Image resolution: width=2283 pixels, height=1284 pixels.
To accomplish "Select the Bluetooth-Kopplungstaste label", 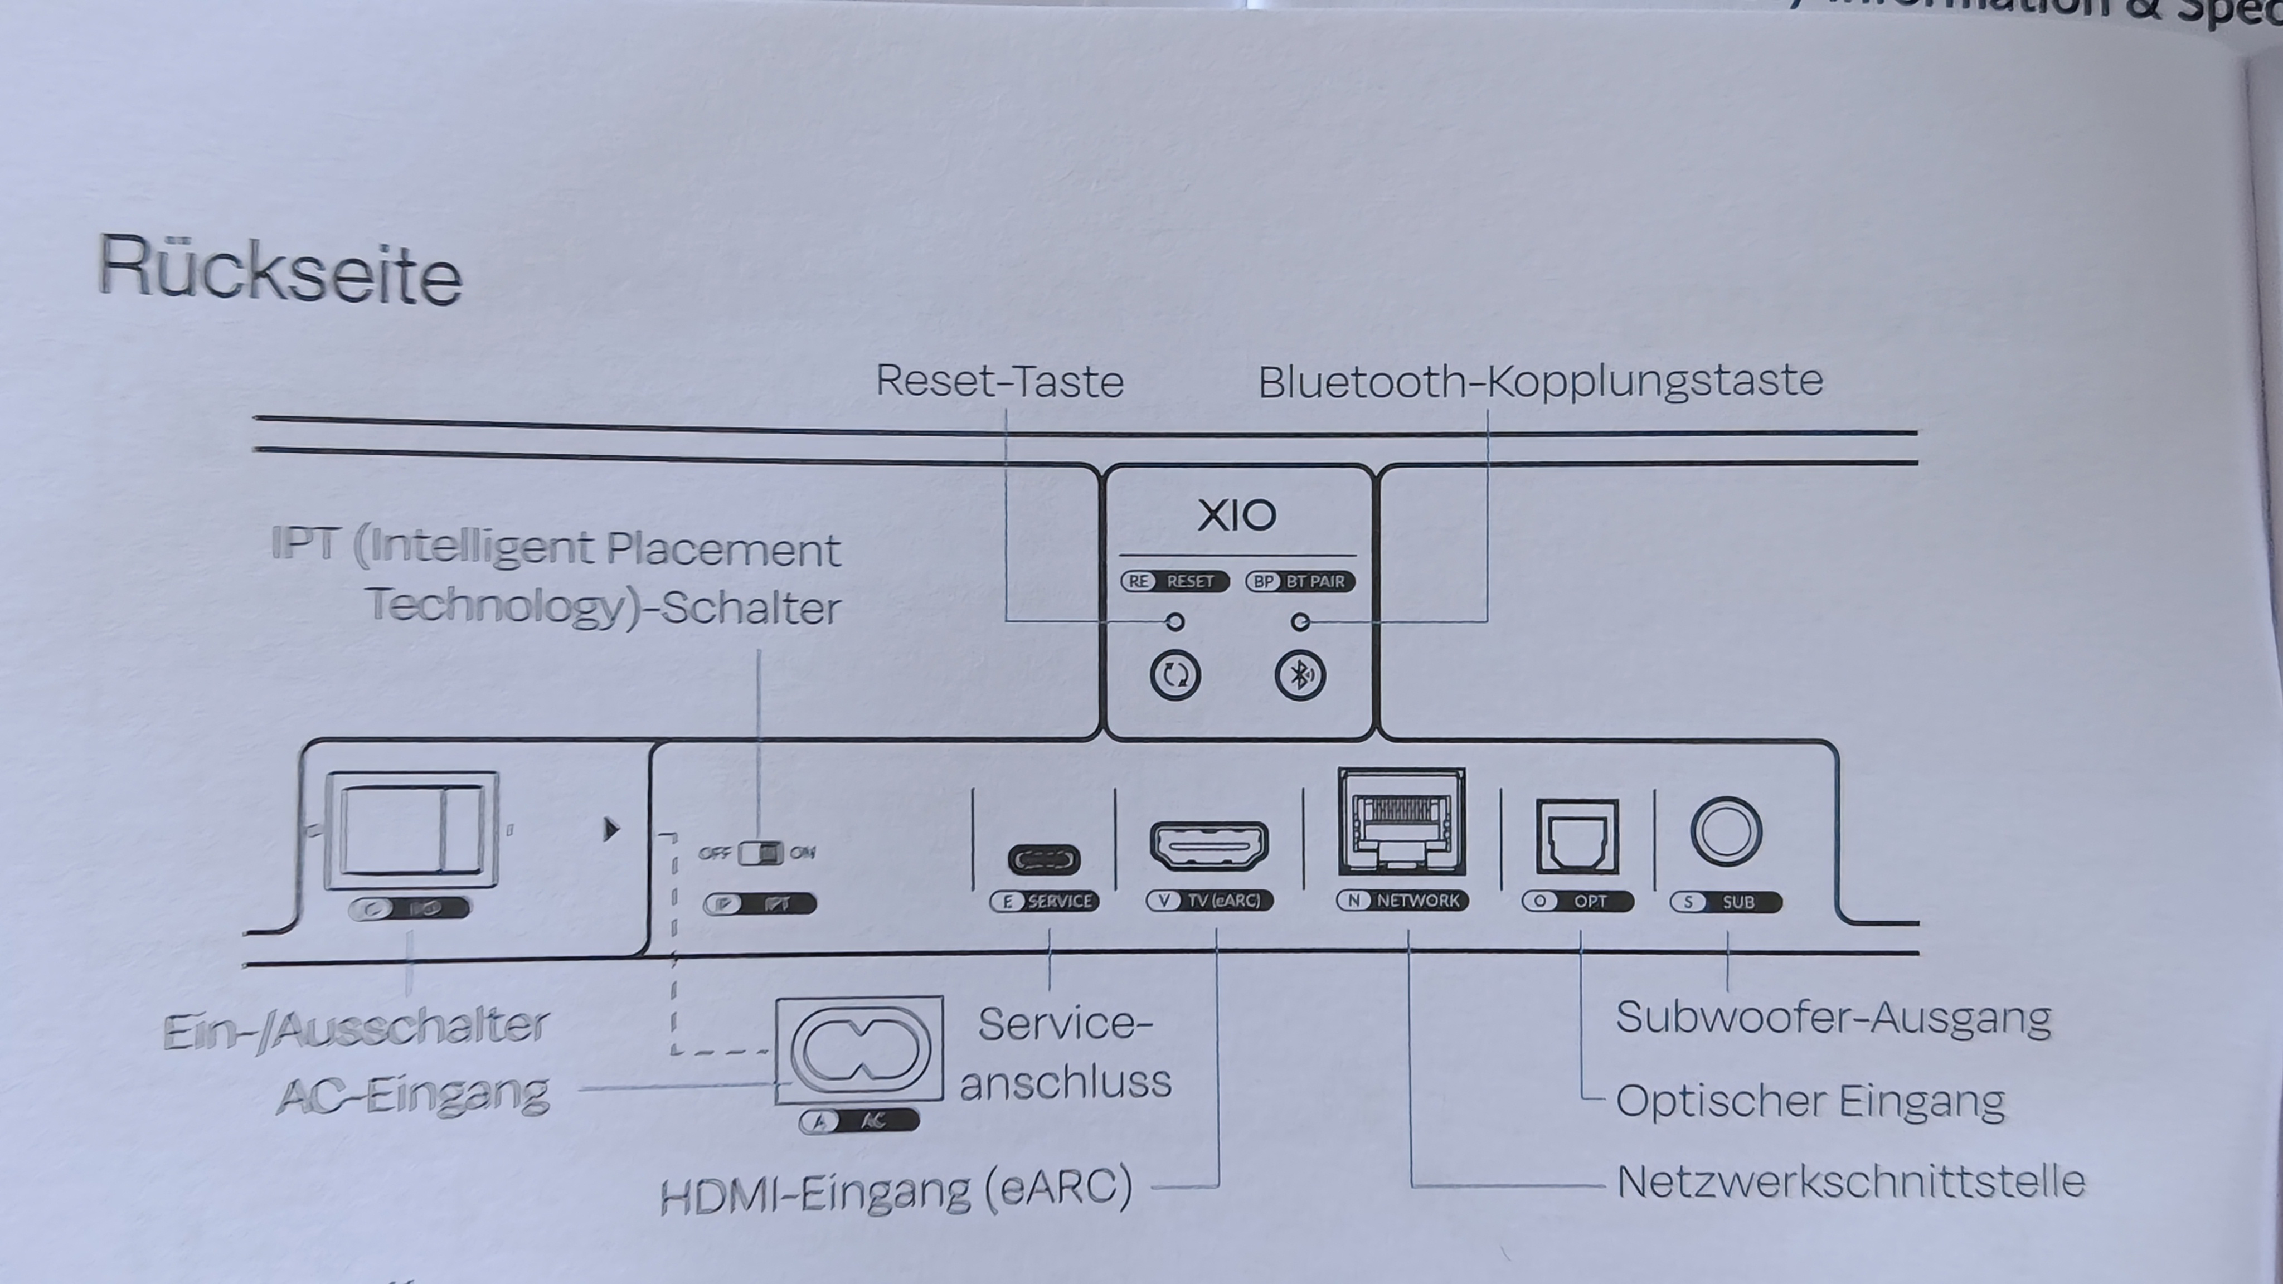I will coord(1541,382).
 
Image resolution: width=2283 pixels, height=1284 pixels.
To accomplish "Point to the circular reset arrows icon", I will coord(1175,676).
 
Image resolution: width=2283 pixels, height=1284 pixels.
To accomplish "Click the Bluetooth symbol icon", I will coord(1300,676).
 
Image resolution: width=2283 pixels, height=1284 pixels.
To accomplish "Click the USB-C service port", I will coord(1044,859).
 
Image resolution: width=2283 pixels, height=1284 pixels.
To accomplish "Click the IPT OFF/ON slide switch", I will coord(760,853).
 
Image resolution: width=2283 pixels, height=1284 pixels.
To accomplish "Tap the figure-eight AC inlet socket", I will coord(859,1051).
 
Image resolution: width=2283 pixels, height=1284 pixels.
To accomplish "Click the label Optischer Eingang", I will coord(1810,1101).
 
